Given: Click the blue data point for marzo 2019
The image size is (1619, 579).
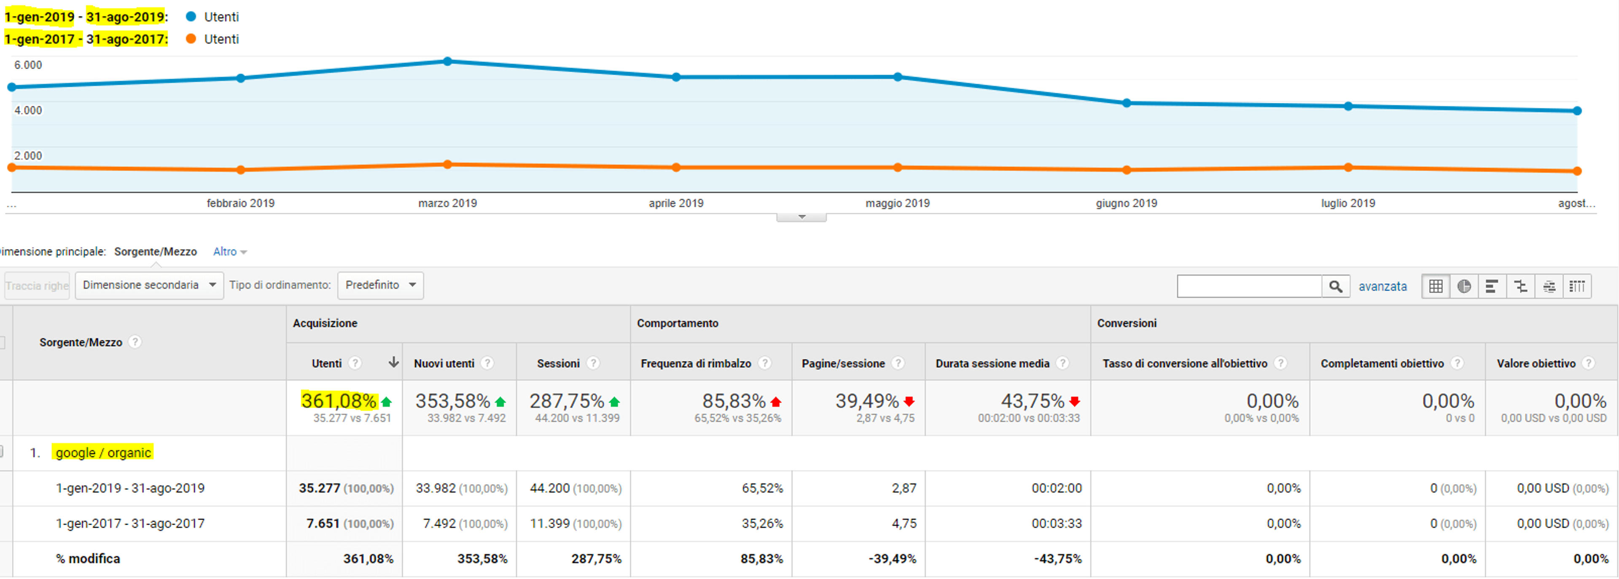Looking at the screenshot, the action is (447, 62).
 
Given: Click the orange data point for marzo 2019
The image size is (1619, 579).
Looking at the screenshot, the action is (447, 164).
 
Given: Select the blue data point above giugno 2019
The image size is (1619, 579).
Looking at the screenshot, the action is (1126, 103).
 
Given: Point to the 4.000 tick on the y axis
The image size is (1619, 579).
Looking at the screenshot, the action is (28, 110).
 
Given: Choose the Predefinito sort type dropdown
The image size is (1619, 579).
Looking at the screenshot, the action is (380, 285).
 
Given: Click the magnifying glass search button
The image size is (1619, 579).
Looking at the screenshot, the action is (1336, 287).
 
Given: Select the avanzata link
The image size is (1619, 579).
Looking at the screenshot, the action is (1383, 287).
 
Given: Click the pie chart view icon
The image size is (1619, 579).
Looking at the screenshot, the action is (1464, 287).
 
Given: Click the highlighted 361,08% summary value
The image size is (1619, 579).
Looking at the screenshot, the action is (339, 401).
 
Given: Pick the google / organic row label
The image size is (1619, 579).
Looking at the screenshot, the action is (103, 453).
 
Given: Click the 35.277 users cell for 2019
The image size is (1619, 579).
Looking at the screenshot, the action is (319, 488).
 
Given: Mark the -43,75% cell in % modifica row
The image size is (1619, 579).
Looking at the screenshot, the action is (1058, 559).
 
